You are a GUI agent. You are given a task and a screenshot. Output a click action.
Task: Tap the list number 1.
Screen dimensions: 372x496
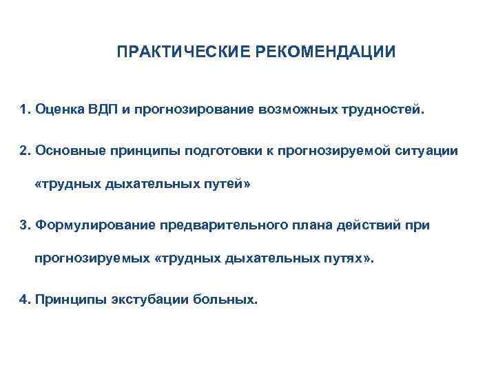point(25,110)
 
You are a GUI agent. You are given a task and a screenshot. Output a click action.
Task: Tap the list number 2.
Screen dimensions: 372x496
point(25,150)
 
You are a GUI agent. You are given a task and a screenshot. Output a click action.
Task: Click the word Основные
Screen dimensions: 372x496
point(68,150)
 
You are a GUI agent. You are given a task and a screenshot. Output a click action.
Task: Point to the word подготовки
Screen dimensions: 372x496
point(223,150)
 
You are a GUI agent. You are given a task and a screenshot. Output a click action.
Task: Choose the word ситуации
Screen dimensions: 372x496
point(429,150)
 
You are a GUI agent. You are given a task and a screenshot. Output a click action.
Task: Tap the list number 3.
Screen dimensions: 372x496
point(25,225)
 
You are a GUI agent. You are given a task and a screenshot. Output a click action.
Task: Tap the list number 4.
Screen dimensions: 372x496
point(25,300)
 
